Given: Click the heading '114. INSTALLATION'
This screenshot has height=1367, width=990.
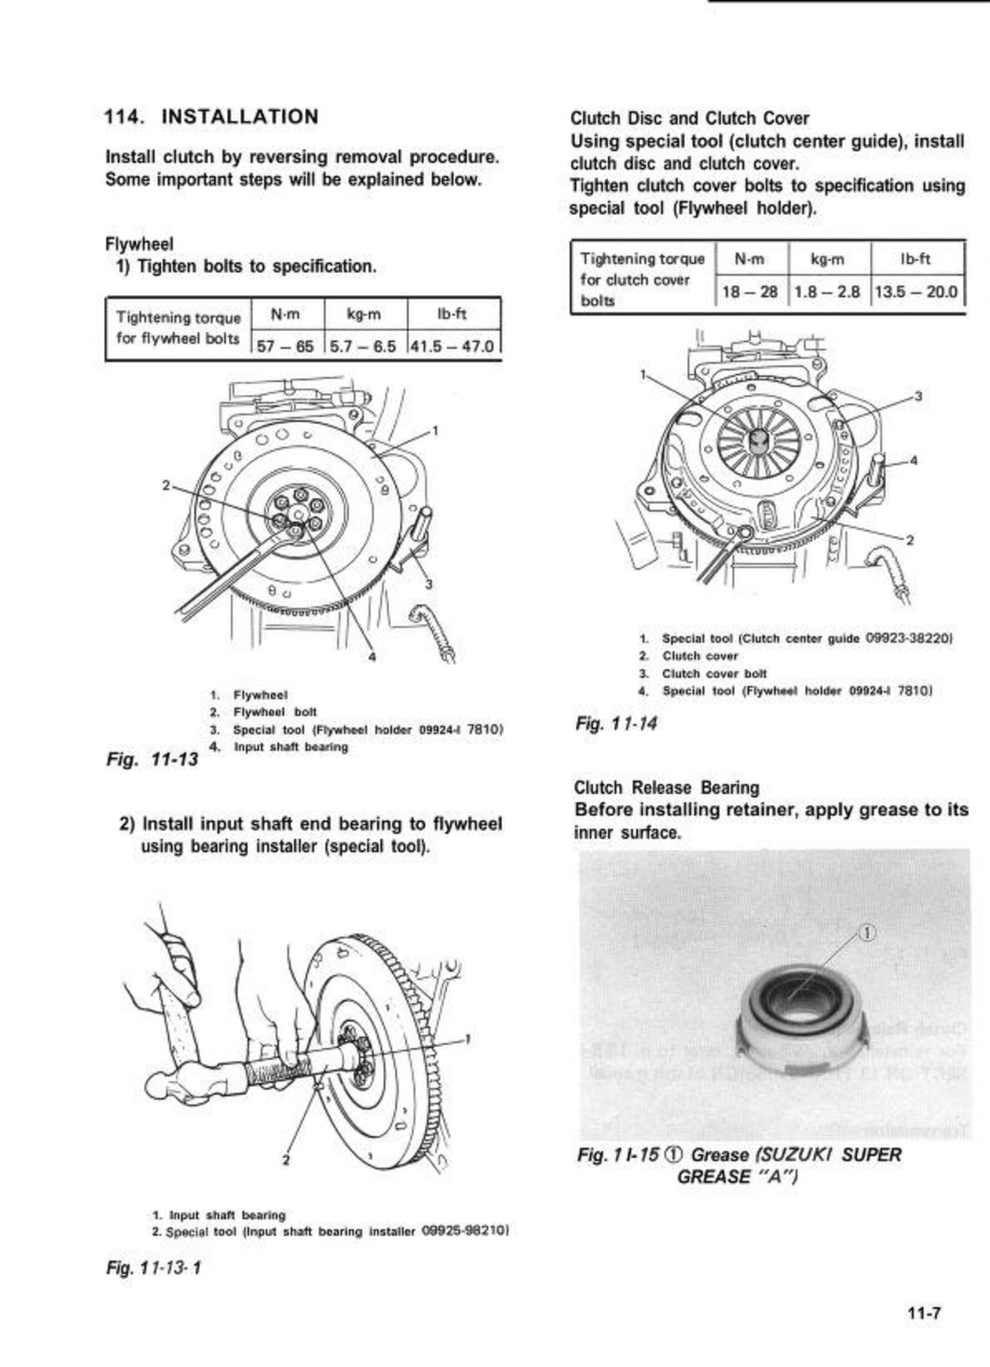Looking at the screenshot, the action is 211,117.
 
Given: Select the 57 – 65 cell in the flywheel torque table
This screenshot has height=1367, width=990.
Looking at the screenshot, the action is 286,346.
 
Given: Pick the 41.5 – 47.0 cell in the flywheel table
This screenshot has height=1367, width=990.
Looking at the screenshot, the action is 453,346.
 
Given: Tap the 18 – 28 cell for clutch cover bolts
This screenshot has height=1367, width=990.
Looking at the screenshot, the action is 750,291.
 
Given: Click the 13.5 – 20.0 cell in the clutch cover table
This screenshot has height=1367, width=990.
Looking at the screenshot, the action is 916,291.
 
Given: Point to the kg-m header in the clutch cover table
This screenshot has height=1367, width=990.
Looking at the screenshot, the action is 829,259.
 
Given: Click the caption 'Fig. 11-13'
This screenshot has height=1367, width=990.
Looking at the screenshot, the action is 152,759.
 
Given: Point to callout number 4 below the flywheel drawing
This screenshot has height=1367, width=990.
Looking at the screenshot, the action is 372,656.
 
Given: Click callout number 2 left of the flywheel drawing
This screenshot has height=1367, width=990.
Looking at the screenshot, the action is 166,484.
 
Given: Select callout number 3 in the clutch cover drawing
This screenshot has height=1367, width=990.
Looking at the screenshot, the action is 918,396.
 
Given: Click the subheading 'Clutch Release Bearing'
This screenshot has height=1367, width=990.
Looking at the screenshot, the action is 666,787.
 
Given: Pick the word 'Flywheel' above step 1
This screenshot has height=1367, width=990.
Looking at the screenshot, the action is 139,244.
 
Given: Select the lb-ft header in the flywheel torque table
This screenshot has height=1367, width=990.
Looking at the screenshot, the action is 453,314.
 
